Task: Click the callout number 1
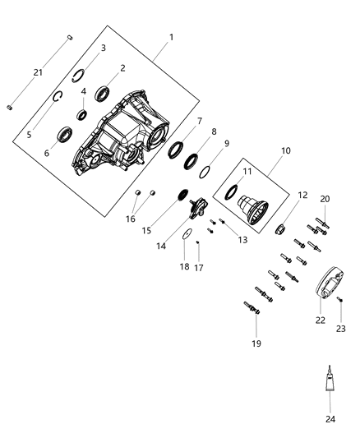pyautogui.click(x=170, y=37)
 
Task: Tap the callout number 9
pyautogui.click(x=227, y=144)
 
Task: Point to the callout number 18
pyautogui.click(x=186, y=267)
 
